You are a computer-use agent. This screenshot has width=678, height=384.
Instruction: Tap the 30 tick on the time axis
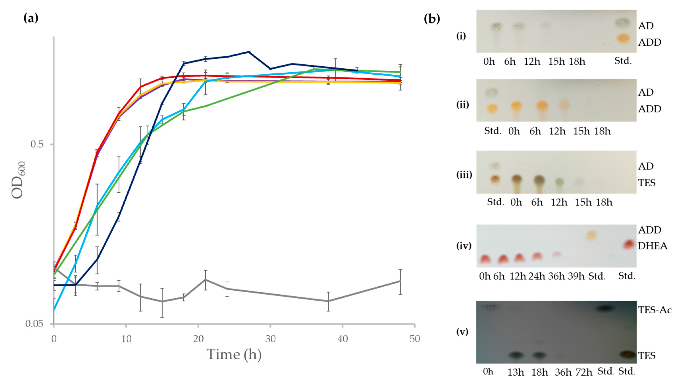coord(270,339)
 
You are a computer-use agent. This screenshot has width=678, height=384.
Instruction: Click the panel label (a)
coord(31,18)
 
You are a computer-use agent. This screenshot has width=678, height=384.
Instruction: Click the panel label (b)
coord(432,19)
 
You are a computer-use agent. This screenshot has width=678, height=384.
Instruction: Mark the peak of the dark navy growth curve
coord(249,52)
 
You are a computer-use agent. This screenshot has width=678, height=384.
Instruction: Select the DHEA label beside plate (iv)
coord(653,246)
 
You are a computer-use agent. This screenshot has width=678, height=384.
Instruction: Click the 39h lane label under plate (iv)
coord(576,276)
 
